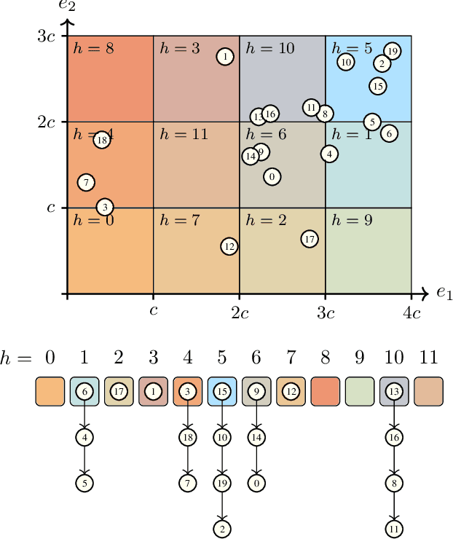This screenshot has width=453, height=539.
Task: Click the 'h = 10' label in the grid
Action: coord(270,48)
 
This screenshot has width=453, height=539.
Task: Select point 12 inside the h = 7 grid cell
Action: coord(229,246)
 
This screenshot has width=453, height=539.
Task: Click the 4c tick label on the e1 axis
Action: coord(412,314)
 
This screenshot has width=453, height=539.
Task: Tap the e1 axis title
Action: coord(444,293)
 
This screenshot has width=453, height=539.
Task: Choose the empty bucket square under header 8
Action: coord(325,391)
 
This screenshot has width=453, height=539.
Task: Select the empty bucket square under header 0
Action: coord(50,391)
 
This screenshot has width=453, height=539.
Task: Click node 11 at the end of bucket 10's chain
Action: coord(395,527)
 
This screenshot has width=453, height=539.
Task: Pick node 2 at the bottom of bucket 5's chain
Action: coord(222,527)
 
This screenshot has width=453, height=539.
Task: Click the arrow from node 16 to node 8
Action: coord(395,460)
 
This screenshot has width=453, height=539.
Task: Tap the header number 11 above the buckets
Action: coord(429,357)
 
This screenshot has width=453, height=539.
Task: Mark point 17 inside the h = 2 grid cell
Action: coord(310,238)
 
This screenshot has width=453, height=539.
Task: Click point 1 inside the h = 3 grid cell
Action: coord(226,56)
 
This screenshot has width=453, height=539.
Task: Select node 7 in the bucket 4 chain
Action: coord(188,482)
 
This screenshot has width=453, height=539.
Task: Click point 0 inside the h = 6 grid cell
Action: coord(272,176)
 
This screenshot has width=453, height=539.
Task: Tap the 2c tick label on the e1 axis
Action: coord(240,314)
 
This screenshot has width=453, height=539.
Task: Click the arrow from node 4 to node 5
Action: coord(84,460)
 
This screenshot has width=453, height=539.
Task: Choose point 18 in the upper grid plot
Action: coord(102,140)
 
